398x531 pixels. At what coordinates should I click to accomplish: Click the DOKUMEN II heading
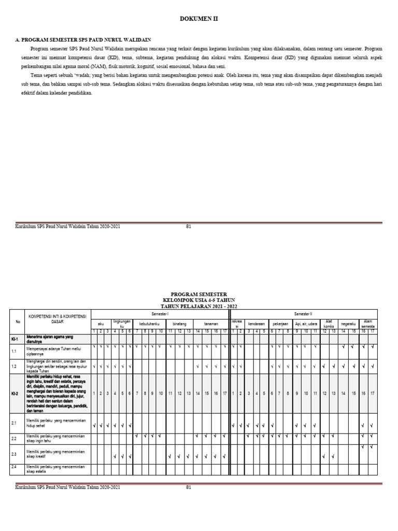click(199, 19)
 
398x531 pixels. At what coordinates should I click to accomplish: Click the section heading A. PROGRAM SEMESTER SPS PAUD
click(83, 39)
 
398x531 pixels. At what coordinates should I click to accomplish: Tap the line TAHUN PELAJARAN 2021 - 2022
click(199, 306)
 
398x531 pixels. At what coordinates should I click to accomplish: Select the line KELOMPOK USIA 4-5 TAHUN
click(199, 300)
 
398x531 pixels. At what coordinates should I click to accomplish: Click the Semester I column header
click(160, 314)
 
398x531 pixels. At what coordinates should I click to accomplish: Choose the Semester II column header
click(303, 314)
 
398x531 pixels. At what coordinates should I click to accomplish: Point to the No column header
click(18, 322)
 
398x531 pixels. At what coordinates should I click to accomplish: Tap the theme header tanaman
click(210, 323)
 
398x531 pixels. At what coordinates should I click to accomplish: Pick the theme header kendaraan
click(256, 323)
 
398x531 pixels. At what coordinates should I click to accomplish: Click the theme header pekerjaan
click(280, 323)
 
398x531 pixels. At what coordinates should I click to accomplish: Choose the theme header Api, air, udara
click(306, 323)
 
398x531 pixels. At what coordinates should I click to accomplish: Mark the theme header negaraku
click(348, 323)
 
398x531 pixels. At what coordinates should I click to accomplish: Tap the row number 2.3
click(15, 454)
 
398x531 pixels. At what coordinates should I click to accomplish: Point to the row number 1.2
click(15, 366)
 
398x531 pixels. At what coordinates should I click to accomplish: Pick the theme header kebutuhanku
click(149, 323)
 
